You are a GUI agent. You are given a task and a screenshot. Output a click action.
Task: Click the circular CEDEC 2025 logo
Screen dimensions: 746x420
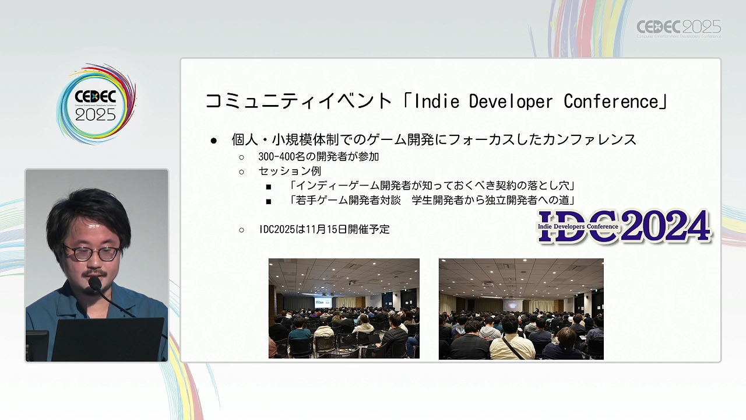pos(96,104)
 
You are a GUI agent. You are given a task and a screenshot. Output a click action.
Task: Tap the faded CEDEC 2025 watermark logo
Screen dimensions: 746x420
pos(679,29)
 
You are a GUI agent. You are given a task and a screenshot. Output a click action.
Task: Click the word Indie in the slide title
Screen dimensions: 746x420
pos(437,101)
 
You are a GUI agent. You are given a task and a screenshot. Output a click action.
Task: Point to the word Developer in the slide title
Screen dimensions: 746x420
pos(511,102)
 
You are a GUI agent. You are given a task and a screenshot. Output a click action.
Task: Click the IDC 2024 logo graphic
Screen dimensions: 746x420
pos(624,226)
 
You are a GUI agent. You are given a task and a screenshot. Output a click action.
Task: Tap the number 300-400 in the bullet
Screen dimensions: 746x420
pos(276,156)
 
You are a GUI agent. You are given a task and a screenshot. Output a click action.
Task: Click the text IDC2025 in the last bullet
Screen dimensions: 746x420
pos(277,229)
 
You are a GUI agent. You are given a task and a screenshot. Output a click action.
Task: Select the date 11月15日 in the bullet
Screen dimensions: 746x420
pos(327,229)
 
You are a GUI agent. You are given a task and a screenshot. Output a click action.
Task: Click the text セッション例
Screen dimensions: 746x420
pos(290,171)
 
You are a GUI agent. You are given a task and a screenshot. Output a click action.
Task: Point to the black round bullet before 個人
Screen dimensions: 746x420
pos(213,141)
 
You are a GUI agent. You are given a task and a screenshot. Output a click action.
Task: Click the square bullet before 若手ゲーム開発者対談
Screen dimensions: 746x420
pos(269,201)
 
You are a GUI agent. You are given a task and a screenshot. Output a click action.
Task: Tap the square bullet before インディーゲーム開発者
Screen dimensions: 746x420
pos(269,187)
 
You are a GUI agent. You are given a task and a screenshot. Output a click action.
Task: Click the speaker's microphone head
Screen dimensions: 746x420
pos(95,283)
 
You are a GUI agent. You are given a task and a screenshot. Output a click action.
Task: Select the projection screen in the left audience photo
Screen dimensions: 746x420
pos(323,302)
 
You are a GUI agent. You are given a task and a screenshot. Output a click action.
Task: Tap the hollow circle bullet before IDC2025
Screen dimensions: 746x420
pos(241,230)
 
